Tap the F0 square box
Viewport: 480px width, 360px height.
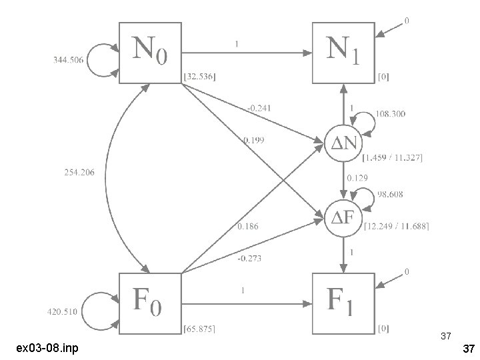tap(150, 304)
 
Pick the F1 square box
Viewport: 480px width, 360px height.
tap(343, 304)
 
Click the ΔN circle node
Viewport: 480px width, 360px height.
tap(343, 143)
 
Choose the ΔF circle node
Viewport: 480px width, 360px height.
tap(343, 217)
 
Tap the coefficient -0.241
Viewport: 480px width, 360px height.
tap(259, 107)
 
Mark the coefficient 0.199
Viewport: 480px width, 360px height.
tap(253, 140)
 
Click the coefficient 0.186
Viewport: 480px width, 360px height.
tap(248, 227)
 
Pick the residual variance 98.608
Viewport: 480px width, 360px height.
tap(389, 195)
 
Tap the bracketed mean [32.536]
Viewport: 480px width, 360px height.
tap(199, 77)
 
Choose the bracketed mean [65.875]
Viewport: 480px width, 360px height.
tap(199, 329)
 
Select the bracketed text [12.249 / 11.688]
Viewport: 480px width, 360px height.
tap(397, 227)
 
